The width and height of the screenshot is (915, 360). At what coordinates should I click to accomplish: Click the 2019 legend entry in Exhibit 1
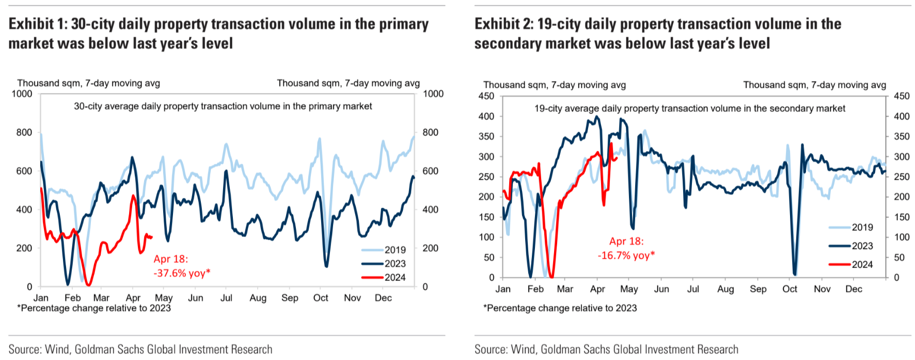coord(395,250)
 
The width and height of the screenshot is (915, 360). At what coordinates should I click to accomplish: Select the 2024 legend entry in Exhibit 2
coord(862,264)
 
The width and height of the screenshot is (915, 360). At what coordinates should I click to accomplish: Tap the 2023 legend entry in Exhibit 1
coord(395,263)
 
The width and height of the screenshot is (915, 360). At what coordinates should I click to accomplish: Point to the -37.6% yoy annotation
coord(182,273)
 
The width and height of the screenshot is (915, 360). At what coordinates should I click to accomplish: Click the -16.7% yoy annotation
coord(626,255)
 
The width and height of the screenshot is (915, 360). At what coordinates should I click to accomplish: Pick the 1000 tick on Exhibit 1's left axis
coord(22,93)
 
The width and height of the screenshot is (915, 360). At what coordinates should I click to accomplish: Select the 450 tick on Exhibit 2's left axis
coord(486,96)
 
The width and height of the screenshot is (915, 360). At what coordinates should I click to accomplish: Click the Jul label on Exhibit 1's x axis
coord(226,298)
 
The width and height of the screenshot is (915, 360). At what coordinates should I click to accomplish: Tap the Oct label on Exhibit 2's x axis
coord(790,289)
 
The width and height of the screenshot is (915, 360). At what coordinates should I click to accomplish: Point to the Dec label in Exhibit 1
coord(383,298)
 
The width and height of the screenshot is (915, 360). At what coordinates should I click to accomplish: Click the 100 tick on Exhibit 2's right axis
coord(902,237)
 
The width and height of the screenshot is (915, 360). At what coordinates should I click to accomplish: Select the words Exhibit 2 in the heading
coord(503,24)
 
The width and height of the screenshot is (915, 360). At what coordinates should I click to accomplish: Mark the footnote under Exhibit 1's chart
coord(94,308)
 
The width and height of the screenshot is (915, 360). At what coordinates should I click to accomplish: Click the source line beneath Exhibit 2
coord(606,350)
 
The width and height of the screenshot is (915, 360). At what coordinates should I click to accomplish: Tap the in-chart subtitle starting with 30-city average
coord(223,106)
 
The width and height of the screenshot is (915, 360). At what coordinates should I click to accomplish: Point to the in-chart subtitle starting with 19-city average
coord(689,108)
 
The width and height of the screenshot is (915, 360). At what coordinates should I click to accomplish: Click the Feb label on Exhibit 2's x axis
coord(535,289)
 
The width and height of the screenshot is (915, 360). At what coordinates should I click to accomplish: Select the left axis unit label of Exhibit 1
coord(88,83)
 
